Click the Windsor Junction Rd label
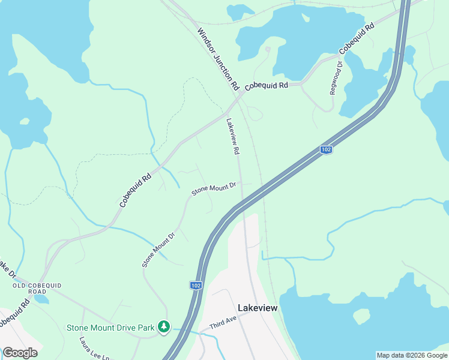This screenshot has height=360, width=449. point(218,59)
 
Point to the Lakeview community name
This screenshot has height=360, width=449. point(258,307)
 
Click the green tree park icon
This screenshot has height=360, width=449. point(163,327)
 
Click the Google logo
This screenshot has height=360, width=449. point(20,353)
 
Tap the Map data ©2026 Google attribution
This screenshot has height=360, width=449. point(412,355)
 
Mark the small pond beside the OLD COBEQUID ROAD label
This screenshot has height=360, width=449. point(40,298)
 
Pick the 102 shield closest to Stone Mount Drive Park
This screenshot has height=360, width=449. point(196,286)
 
